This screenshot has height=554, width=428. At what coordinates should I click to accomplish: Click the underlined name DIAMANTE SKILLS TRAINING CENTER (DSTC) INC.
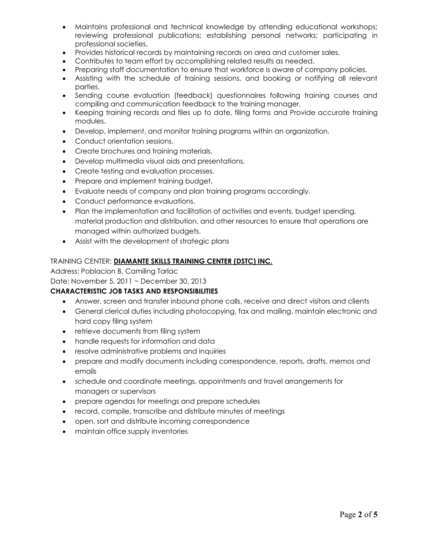[x=193, y=261]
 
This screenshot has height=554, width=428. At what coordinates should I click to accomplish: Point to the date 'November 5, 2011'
[x=101, y=281]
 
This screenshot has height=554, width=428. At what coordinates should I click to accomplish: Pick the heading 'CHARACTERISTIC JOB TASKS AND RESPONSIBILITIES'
[x=134, y=291]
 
